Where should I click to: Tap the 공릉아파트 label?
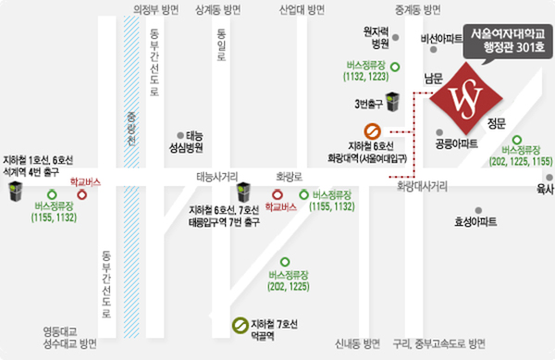tap(456, 144)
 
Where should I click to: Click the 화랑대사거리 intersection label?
tap(422, 186)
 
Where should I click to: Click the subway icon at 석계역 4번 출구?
tap(16, 192)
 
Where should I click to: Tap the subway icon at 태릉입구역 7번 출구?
tap(243, 192)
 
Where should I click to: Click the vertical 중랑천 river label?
tap(130, 130)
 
